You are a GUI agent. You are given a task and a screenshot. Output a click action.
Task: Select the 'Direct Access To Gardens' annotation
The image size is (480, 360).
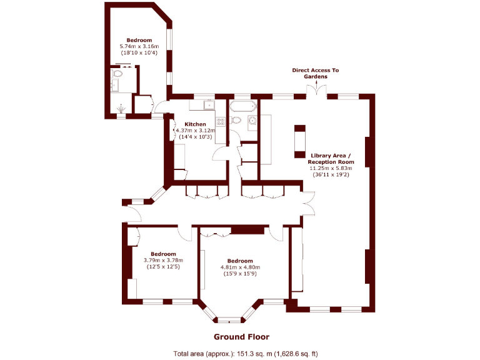(x=316, y=73)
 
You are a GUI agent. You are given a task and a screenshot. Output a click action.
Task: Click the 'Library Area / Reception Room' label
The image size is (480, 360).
(x=331, y=158)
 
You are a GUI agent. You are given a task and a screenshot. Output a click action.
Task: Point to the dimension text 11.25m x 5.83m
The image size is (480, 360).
(x=331, y=168)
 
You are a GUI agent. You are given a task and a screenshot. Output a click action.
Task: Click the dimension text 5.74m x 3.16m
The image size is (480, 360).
(x=139, y=46)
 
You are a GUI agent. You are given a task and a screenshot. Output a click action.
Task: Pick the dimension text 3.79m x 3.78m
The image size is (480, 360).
(x=162, y=260)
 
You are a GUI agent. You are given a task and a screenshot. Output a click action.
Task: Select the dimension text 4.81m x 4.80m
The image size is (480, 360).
(x=239, y=267)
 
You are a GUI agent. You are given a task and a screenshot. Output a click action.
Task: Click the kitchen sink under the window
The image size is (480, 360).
(x=207, y=104)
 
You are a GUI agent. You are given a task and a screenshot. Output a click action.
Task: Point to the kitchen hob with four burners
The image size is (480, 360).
(x=219, y=121)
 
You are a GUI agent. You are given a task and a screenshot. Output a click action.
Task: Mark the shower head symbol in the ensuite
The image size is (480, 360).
(x=121, y=115)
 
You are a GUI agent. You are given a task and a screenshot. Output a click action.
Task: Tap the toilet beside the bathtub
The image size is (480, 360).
(x=237, y=119)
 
